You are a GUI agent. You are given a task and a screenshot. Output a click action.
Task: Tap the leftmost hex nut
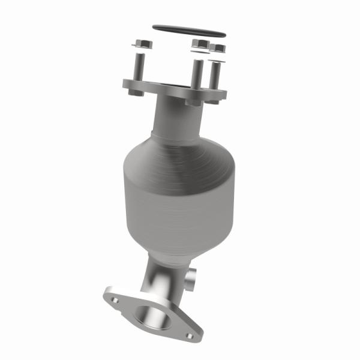click(x=143, y=44)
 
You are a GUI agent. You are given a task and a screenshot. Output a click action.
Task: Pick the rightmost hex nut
click(x=218, y=48)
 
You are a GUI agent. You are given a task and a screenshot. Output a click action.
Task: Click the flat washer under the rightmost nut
click(x=218, y=57)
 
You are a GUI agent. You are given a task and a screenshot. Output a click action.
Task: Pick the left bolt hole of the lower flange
click(x=113, y=295)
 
